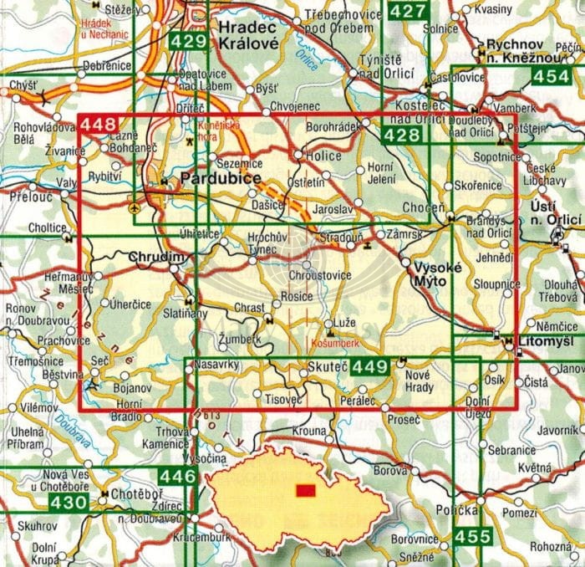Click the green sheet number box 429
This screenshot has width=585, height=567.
click(x=186, y=42)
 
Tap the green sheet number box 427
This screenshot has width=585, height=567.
click(x=407, y=11)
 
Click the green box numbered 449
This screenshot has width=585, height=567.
click(x=370, y=366)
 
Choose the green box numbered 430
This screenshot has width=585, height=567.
click(x=69, y=503)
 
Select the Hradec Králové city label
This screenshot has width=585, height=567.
click(x=248, y=36)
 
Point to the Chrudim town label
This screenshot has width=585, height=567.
click(x=154, y=260)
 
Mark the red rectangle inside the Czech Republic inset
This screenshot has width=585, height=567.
click(x=307, y=489)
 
